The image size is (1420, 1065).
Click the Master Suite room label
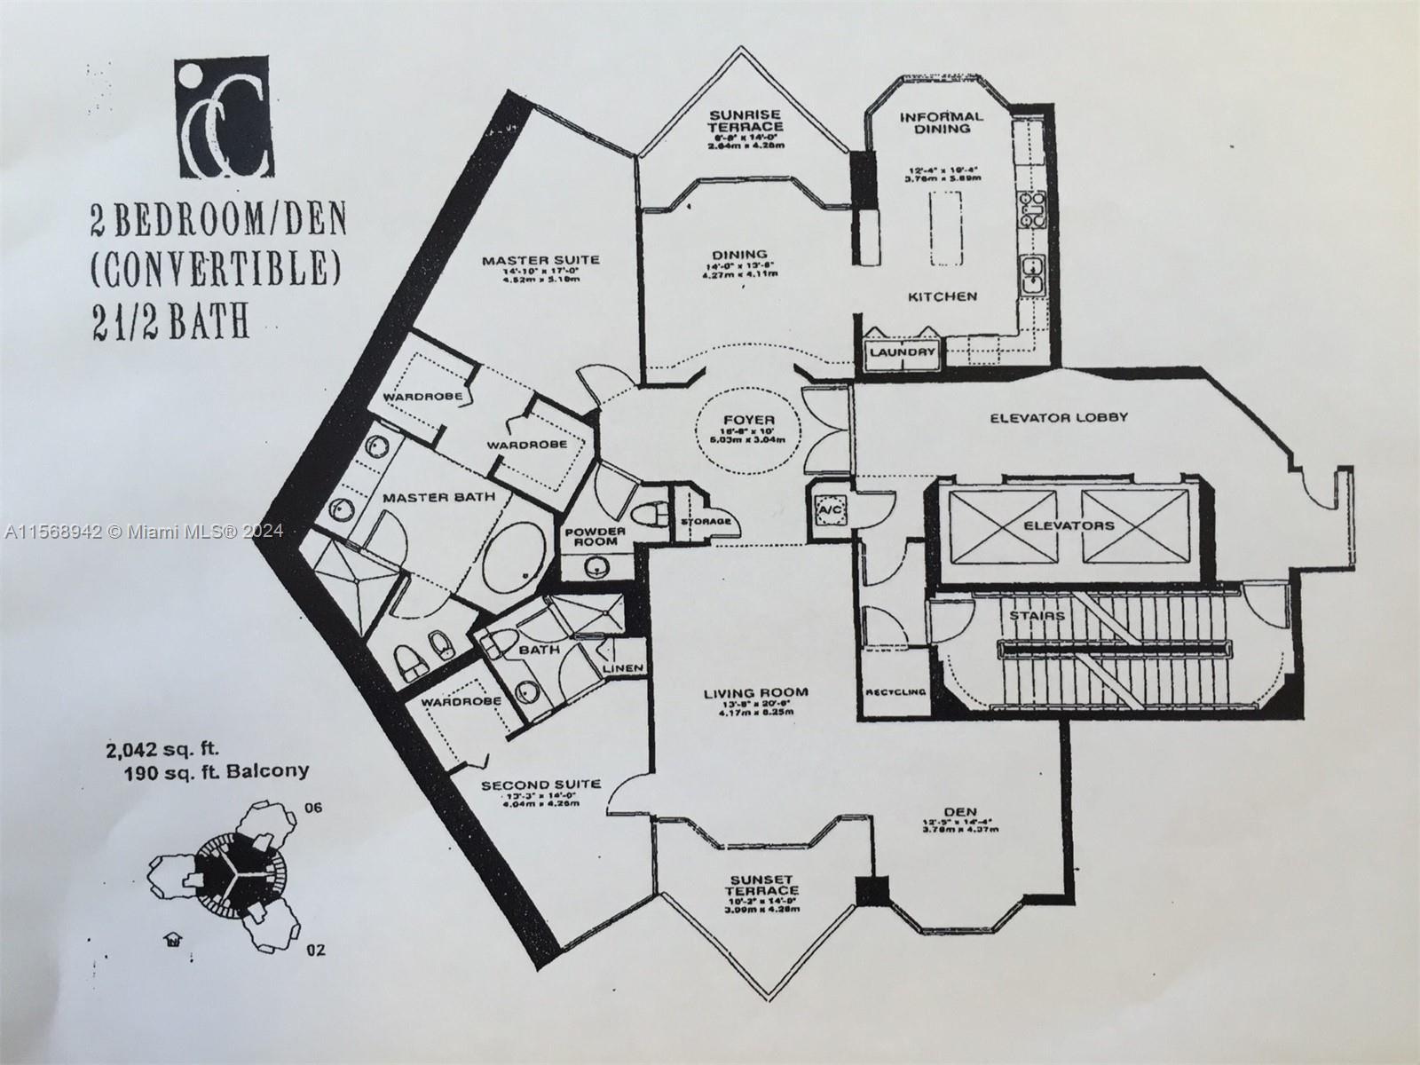[x=540, y=260]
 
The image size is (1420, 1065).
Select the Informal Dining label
[x=942, y=122]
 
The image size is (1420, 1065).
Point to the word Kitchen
[x=942, y=296]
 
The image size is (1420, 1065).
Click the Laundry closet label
[x=903, y=352]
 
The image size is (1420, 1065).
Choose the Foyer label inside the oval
[x=749, y=420]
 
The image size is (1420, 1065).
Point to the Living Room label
[x=756, y=693]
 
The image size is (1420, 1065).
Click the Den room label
[x=961, y=811]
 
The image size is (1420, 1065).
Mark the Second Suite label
[x=540, y=785]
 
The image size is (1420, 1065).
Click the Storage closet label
[x=706, y=521]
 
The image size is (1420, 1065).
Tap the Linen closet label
[x=622, y=668]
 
